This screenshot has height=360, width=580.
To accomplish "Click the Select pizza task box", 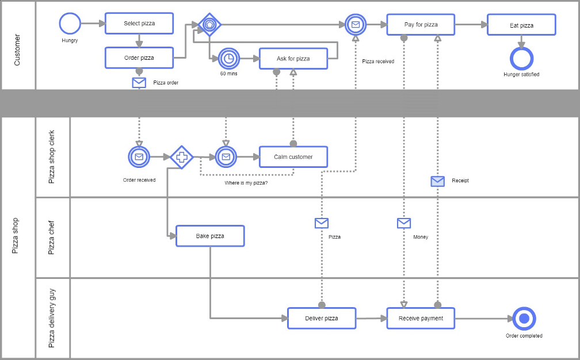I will [139, 24].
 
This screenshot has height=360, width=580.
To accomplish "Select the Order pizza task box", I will [139, 58].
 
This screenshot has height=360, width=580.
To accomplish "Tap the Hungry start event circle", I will [70, 24].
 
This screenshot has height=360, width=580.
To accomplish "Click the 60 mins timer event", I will [228, 58].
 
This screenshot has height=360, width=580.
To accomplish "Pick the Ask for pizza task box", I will [293, 59].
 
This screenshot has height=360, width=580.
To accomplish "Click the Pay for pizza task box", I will [421, 25].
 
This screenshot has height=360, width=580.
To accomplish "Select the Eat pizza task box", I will [521, 25].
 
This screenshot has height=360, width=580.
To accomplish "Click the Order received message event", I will [139, 156].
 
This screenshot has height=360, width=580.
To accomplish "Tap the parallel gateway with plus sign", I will [181, 156].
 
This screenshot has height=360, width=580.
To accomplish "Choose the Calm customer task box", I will [293, 156].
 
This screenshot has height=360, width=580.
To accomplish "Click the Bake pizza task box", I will [210, 236].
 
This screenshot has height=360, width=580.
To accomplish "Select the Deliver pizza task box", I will [321, 318].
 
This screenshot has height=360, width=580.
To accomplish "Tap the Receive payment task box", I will [421, 318].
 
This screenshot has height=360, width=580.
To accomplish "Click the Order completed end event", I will [524, 319].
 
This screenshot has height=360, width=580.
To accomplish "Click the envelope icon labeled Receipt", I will [438, 181].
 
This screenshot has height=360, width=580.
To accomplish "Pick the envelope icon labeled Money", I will [404, 223].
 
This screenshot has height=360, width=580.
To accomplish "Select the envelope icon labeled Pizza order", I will [139, 82].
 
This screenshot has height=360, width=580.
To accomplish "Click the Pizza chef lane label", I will [52, 238].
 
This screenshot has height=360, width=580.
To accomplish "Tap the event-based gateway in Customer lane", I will [209, 25].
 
